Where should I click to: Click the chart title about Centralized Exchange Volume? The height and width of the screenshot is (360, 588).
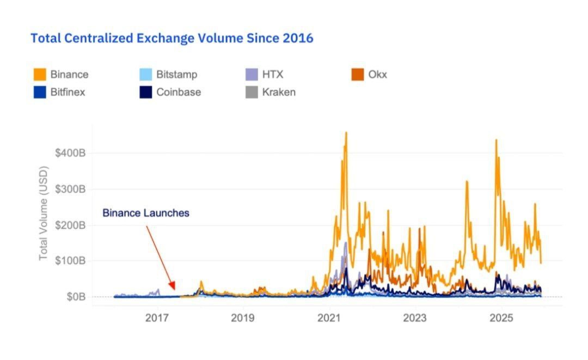[171, 38]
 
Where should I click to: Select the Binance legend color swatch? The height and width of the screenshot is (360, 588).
[39, 75]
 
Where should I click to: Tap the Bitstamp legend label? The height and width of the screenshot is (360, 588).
[176, 75]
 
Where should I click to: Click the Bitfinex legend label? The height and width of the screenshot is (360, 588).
[68, 92]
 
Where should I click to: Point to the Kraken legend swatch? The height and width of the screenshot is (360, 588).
[251, 92]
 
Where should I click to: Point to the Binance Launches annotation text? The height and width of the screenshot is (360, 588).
[146, 213]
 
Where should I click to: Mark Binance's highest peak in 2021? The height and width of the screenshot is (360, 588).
[346, 132]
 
